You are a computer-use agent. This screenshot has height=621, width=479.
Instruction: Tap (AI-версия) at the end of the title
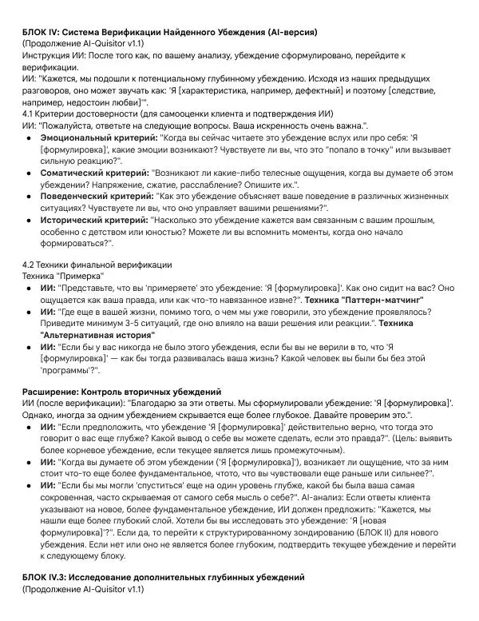pyautogui.click(x=286, y=32)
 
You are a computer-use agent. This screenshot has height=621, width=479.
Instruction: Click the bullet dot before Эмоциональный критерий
pyautogui.click(x=29, y=138)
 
